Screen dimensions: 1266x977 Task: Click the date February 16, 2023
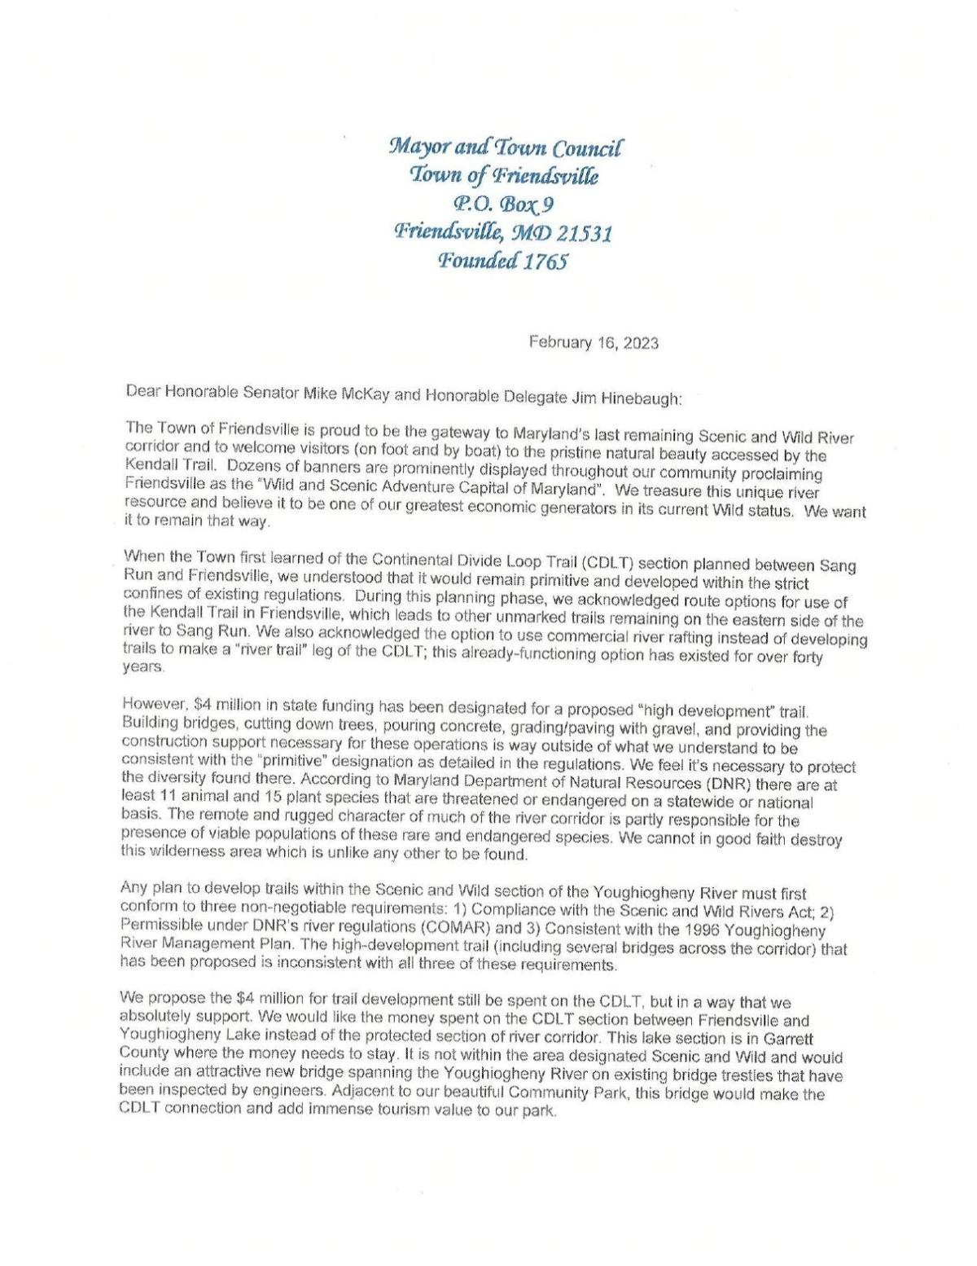tap(594, 342)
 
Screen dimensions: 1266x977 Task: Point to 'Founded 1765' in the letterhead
tap(502, 262)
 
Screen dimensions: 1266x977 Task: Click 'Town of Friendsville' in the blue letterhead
tap(504, 174)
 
